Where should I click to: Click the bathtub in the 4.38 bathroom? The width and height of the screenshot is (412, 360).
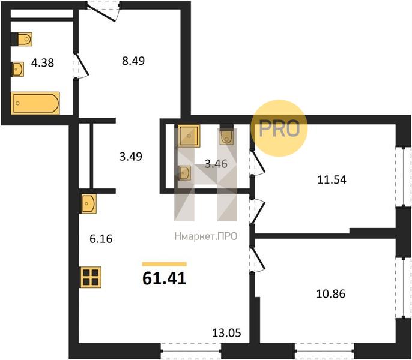[x=35, y=103]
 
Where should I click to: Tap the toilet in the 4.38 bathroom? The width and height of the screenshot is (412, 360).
[x=22, y=39]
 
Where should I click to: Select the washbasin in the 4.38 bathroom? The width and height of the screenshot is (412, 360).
[x=17, y=70]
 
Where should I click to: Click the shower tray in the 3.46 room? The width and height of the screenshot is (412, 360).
[x=189, y=136]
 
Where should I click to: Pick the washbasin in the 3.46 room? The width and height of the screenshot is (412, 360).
[x=185, y=173]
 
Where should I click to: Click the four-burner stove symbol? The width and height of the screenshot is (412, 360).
[x=91, y=277]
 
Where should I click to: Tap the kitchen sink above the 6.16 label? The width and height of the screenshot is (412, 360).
[x=89, y=204]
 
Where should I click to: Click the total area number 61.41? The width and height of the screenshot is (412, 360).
[x=164, y=278]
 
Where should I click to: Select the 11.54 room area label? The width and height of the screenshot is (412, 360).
[x=332, y=180]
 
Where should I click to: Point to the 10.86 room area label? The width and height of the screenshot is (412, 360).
[x=330, y=294]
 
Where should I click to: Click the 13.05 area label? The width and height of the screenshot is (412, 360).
[x=226, y=333]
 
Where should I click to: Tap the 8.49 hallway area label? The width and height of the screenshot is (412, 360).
[x=133, y=61]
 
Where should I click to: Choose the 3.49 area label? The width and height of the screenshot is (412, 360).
[x=131, y=157]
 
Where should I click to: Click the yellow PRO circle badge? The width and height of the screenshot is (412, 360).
[x=279, y=128]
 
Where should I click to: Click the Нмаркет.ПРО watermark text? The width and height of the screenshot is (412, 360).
[x=206, y=236]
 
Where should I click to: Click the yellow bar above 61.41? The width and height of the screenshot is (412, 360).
[x=164, y=264]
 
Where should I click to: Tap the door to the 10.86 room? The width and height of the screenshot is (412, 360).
[x=258, y=259]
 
